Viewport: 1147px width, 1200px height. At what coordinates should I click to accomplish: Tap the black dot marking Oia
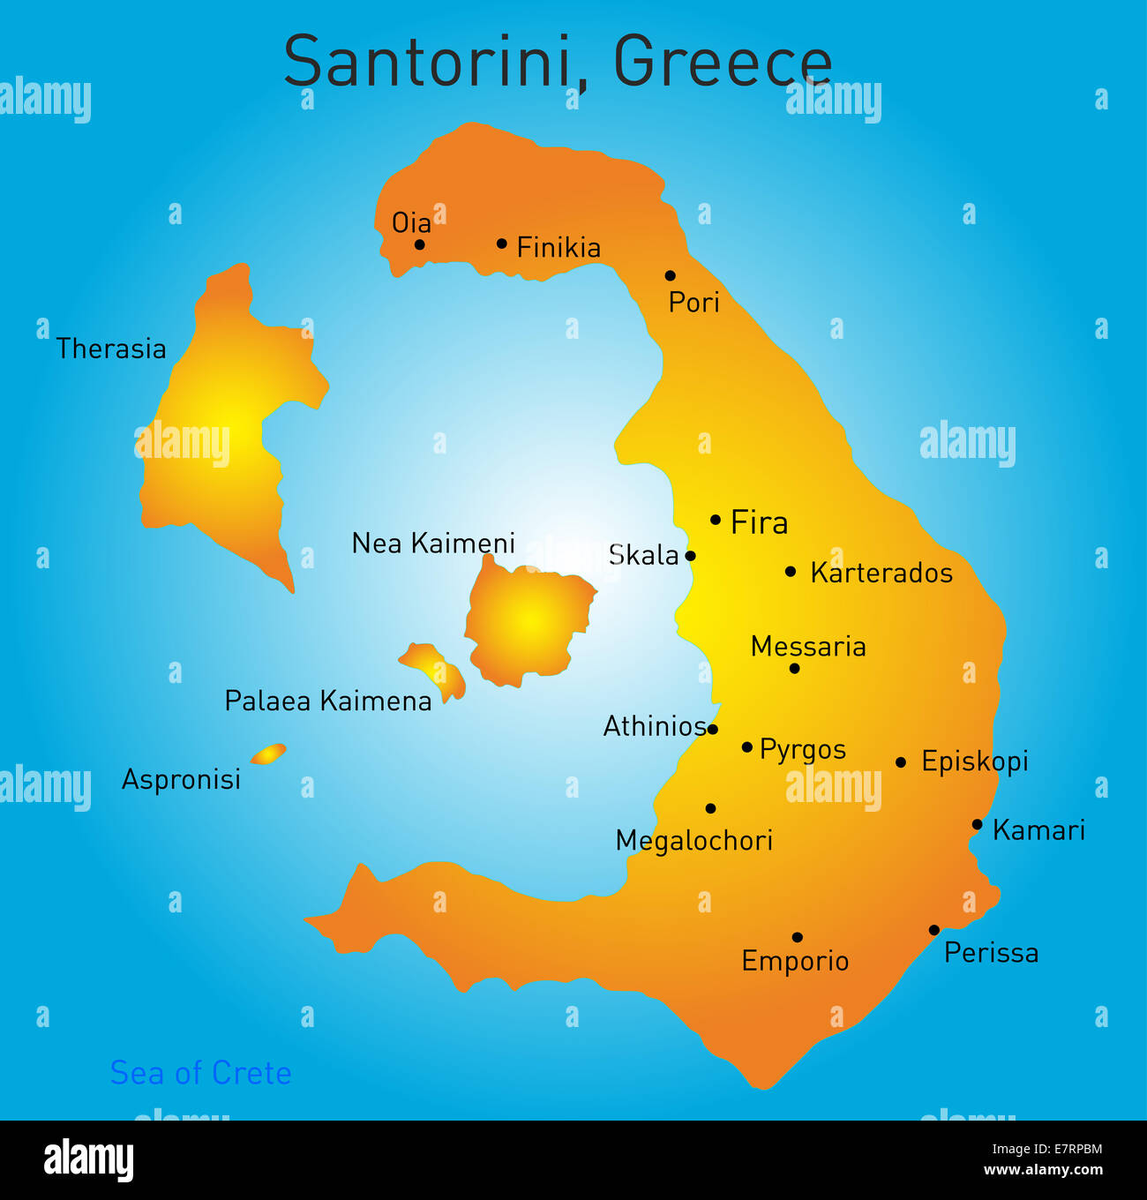tap(420, 244)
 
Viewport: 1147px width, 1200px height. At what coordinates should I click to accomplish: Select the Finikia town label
tap(559, 248)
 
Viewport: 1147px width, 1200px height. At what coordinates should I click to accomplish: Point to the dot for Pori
tap(670, 275)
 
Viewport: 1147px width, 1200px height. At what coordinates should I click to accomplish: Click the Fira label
tap(759, 523)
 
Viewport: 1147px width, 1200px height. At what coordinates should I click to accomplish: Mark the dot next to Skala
tap(690, 556)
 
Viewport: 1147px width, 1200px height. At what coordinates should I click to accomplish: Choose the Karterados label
tap(881, 574)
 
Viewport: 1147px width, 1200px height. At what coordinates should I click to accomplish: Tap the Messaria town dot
tap(794, 669)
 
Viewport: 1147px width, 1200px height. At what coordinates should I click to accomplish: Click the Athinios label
tap(654, 726)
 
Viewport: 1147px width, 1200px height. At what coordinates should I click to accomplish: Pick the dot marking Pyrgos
tap(747, 747)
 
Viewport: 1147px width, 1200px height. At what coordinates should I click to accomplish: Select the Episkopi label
tap(974, 761)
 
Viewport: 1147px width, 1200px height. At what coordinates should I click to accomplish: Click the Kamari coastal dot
tap(977, 825)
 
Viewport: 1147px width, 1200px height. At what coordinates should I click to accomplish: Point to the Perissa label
tap(991, 953)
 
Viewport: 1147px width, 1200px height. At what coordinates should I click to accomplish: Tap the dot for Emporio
tap(797, 937)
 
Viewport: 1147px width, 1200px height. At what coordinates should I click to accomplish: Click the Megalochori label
tap(693, 841)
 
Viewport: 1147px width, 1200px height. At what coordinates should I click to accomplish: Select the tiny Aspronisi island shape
tap(268, 754)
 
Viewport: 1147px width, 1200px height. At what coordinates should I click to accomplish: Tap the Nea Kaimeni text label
tap(432, 544)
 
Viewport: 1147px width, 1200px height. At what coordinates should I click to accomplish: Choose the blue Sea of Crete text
tap(200, 1073)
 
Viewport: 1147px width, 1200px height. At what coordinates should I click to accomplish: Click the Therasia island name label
tap(111, 349)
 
